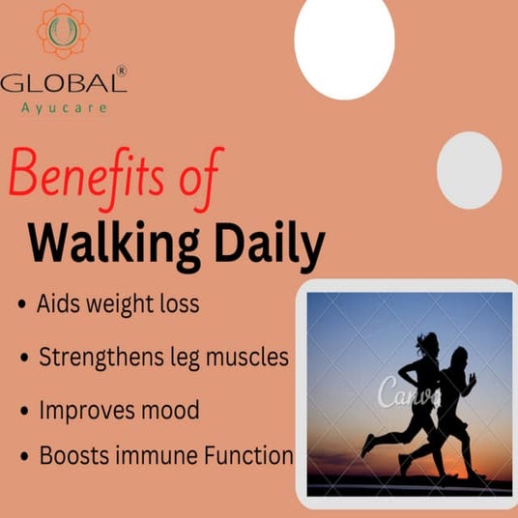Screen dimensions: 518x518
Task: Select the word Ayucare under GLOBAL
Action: tap(65, 107)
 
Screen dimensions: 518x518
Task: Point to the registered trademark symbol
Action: tap(121, 71)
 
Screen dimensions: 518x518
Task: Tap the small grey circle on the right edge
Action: tap(469, 170)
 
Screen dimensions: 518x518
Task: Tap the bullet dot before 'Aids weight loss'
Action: tap(22, 305)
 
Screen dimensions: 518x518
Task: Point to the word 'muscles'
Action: tap(249, 357)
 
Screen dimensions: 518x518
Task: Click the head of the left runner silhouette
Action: tap(429, 341)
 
